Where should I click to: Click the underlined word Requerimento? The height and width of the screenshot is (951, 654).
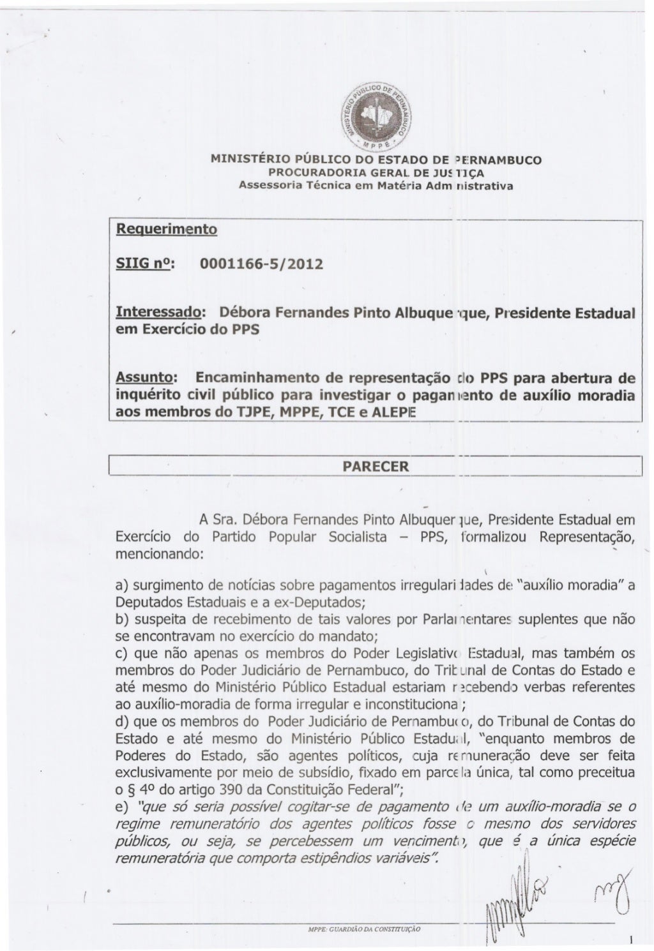tap(165, 228)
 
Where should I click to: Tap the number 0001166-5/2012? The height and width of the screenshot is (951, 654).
tap(262, 264)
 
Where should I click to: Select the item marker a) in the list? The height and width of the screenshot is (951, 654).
tap(123, 587)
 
